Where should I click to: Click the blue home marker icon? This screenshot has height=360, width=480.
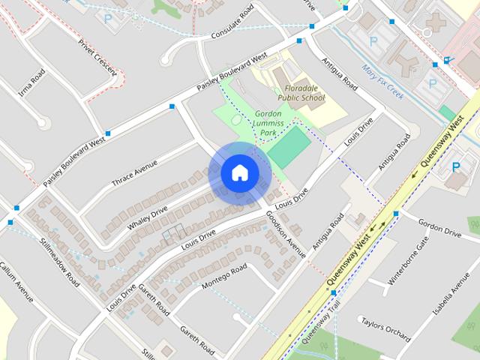240,172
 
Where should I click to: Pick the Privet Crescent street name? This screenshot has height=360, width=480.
97,54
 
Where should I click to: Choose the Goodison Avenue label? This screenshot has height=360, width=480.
286,233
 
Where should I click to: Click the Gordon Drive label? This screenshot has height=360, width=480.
439,228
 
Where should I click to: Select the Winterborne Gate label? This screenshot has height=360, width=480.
408,262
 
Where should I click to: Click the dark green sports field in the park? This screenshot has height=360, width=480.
289,147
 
